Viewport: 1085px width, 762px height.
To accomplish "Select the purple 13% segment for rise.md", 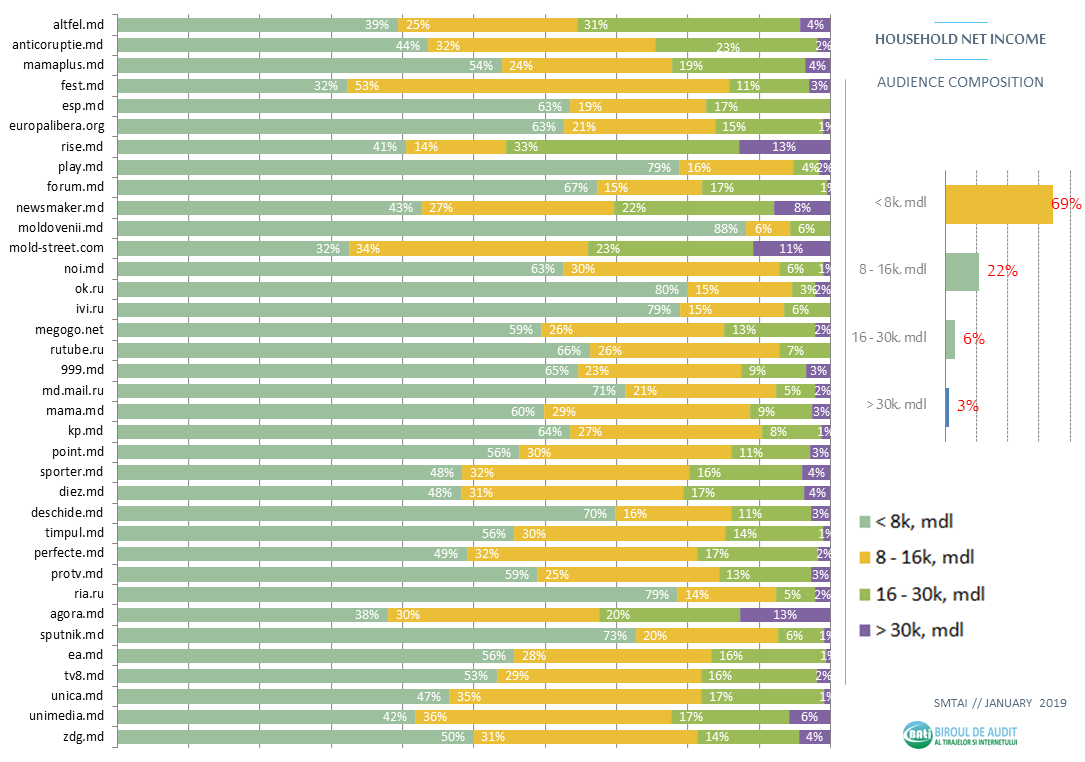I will (784, 146).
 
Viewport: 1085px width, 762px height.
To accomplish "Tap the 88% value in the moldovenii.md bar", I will (726, 228).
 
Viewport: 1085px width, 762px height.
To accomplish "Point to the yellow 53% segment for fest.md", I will (538, 86).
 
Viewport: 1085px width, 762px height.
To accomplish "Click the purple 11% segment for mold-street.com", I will (791, 248).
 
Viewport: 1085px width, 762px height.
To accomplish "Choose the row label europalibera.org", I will (56, 126).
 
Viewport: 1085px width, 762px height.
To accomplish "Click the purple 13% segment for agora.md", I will (785, 615).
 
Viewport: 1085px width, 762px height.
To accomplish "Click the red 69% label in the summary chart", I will (1066, 204).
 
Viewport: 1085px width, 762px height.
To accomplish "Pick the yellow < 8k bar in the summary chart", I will (998, 204).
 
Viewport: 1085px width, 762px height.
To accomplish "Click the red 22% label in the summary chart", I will (1002, 271).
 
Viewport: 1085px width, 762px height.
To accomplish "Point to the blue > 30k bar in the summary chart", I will (947, 406).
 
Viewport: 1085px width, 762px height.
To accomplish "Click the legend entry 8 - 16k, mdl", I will (924, 558).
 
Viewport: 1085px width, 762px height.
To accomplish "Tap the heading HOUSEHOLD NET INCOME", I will (960, 39).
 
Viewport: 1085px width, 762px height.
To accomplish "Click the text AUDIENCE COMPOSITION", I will (960, 82).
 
